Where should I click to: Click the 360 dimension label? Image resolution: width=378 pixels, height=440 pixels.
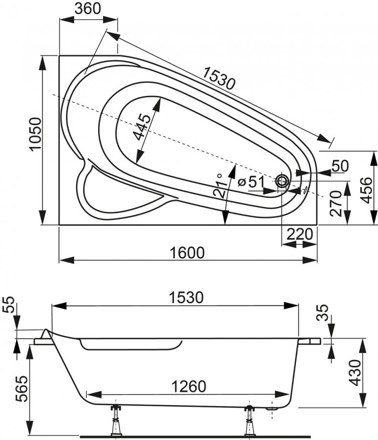click(88, 9)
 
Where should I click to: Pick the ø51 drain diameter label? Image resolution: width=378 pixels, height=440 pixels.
click(252, 181)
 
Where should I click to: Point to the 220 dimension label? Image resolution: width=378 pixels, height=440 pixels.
click(299, 235)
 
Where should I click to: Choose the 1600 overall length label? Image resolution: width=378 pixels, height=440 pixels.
click(188, 252)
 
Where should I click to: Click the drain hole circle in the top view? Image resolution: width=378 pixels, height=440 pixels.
click(282, 181)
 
